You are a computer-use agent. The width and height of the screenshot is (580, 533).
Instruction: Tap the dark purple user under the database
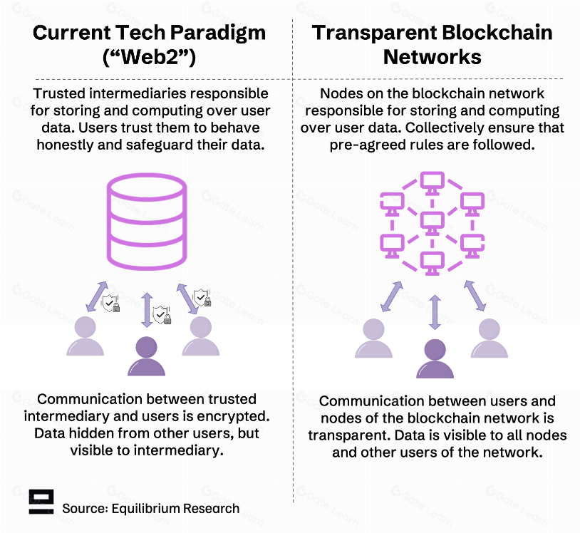147,356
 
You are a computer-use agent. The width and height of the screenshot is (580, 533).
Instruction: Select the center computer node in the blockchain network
432,224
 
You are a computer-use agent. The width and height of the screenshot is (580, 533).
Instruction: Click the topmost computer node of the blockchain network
432,183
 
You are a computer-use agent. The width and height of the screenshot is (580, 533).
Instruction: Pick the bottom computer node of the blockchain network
432,264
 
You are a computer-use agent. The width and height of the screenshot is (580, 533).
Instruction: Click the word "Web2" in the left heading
150,57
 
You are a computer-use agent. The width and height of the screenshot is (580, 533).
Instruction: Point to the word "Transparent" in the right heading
373,33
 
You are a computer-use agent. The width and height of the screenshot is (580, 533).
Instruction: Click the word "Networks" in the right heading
432,57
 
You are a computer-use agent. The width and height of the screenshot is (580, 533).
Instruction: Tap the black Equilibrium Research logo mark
41,502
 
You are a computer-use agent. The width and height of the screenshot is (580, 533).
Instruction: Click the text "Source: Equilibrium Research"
150,509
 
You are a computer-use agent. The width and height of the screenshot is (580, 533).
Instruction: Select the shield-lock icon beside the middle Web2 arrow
162,315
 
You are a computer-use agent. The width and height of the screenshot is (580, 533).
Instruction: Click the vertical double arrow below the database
147,310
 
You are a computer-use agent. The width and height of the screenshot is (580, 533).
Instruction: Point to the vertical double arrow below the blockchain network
435,312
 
